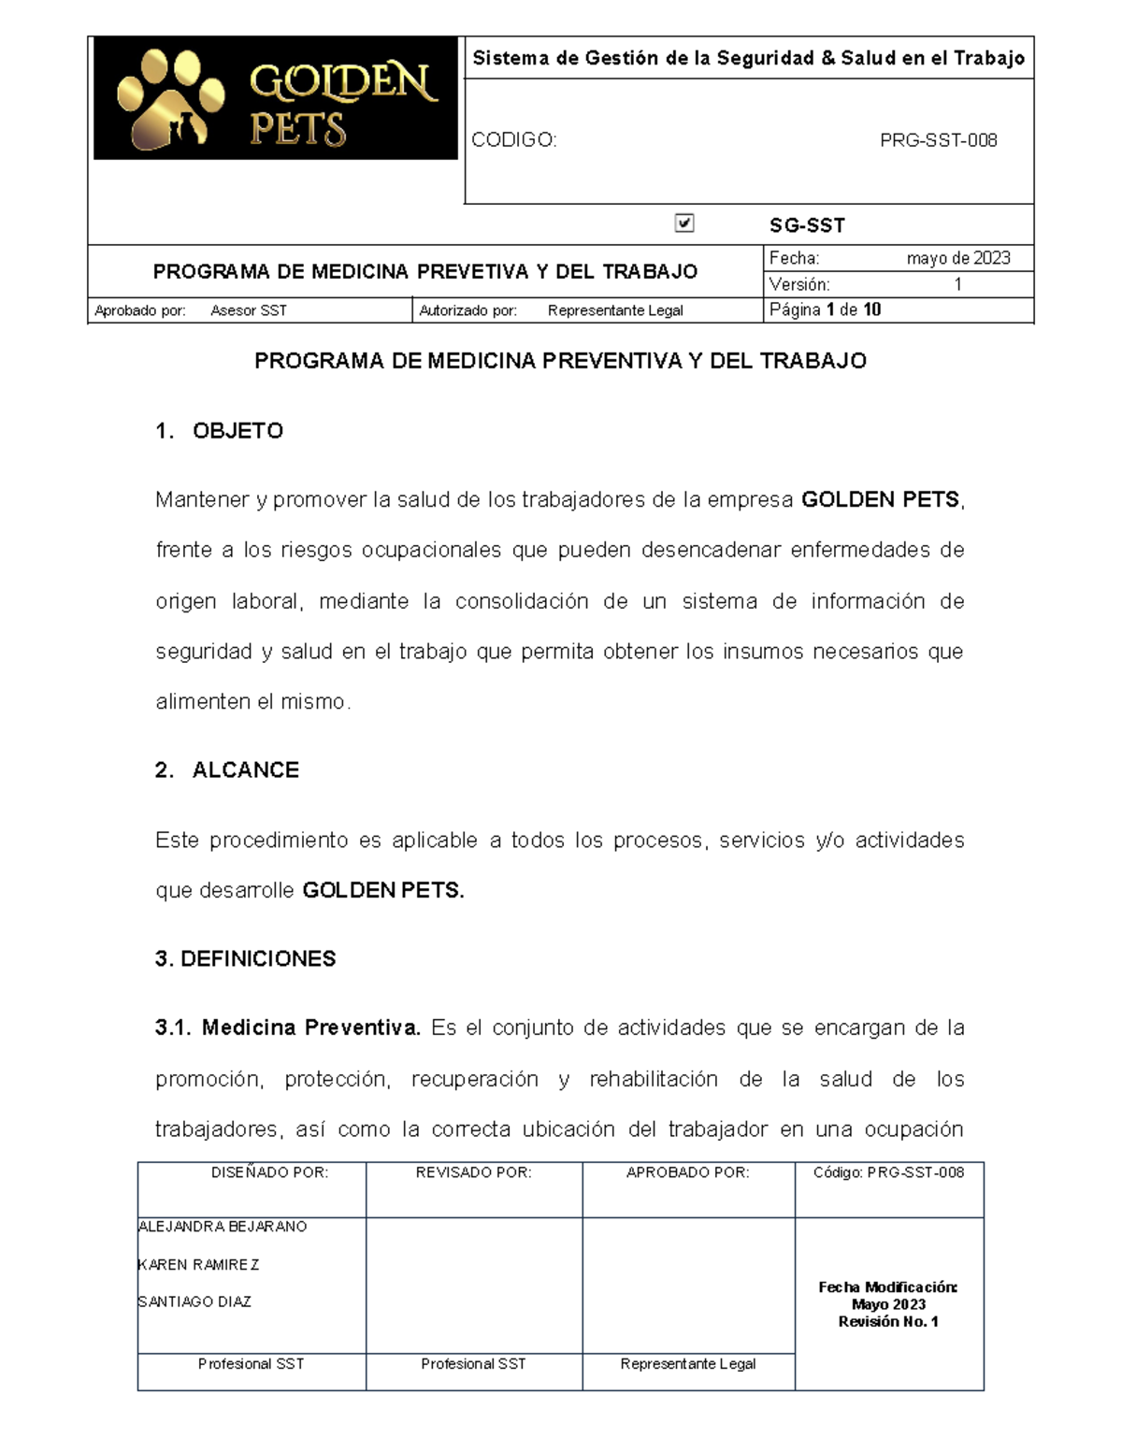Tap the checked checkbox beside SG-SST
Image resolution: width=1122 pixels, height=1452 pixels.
(x=684, y=223)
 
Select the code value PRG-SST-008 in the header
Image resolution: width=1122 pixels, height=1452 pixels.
(x=938, y=140)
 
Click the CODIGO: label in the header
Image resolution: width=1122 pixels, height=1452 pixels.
(x=513, y=140)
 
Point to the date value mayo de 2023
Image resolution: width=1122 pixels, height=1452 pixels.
(x=957, y=258)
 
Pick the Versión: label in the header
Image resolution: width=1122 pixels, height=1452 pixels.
(x=798, y=284)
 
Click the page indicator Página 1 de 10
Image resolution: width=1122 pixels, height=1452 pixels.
(x=825, y=309)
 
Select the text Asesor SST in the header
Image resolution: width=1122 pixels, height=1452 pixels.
(x=249, y=310)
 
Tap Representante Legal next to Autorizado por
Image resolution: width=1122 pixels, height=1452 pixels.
(x=615, y=310)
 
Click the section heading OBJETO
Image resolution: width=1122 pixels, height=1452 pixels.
(x=237, y=431)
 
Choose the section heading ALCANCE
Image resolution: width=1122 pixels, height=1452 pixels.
(x=245, y=770)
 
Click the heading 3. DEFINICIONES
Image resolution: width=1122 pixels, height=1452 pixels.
(x=245, y=959)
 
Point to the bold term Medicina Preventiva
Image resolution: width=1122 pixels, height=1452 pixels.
(x=310, y=1028)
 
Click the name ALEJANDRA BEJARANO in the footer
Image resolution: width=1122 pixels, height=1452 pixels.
(x=223, y=1227)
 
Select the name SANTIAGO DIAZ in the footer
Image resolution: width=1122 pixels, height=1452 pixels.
(x=194, y=1301)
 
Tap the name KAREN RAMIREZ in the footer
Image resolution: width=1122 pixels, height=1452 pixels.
(x=198, y=1265)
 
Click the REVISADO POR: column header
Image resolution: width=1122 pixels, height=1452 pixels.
(x=473, y=1172)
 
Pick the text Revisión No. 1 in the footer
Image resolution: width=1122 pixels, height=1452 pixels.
(x=888, y=1322)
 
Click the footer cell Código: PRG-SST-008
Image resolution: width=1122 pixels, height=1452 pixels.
(x=888, y=1172)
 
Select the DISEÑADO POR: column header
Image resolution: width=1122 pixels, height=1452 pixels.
(x=269, y=1172)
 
